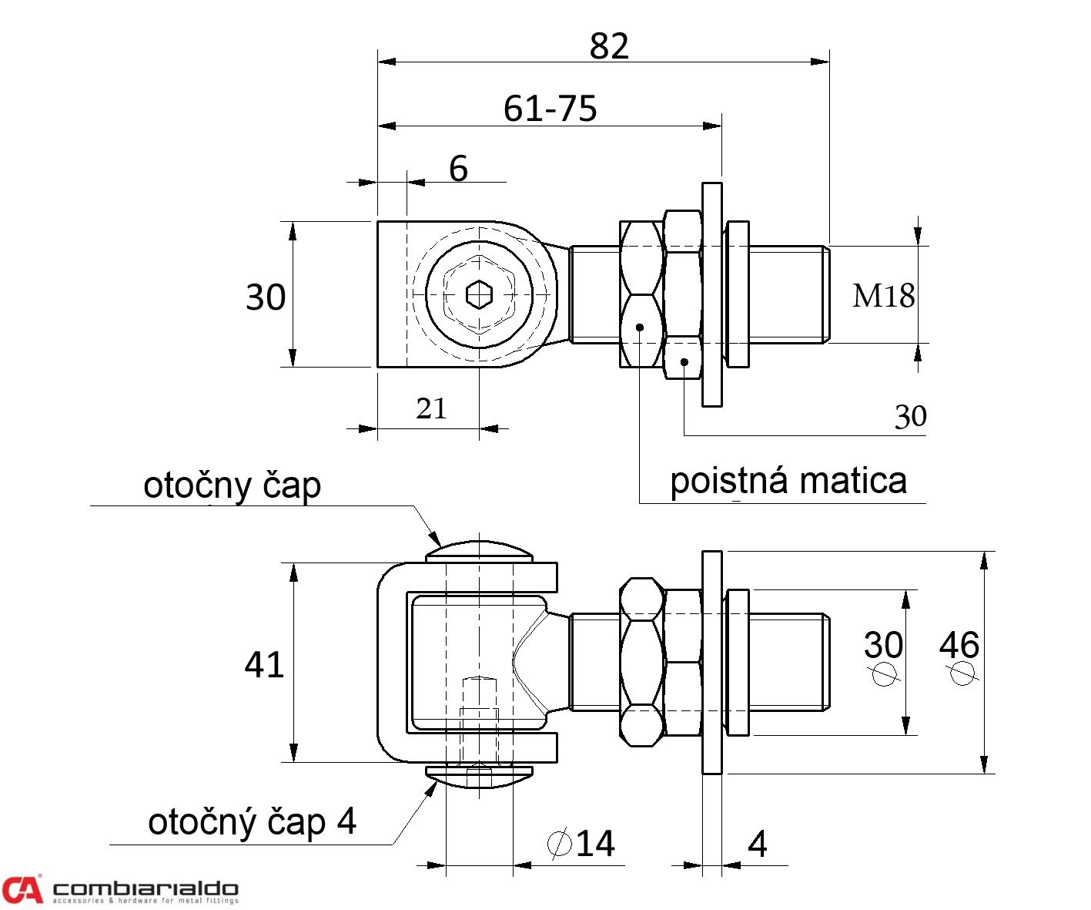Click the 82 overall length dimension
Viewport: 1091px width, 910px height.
(x=609, y=46)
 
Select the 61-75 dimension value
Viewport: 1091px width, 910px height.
(x=550, y=109)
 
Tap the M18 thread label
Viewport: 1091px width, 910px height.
(x=883, y=296)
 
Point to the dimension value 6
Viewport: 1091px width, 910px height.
(x=458, y=169)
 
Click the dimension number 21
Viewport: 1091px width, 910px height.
(x=431, y=408)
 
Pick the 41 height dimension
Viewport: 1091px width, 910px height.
(x=264, y=664)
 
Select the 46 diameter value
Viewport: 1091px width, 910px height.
(x=959, y=645)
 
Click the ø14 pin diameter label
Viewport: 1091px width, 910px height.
(x=582, y=844)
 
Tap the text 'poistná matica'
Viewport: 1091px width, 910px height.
(x=788, y=481)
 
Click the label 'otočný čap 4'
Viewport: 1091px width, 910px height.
(x=252, y=822)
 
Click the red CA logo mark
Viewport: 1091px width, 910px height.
(x=22, y=889)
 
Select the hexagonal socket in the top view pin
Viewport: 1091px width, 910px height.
(x=479, y=294)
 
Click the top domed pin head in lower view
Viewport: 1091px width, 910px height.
(x=479, y=550)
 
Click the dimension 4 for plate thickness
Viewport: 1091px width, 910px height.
(x=758, y=845)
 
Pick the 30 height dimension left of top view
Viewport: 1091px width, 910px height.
(x=266, y=297)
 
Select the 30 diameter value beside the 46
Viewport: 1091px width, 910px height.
(x=883, y=645)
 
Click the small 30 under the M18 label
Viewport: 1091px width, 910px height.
(x=910, y=417)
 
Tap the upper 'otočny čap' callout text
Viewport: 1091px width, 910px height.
(x=232, y=485)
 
